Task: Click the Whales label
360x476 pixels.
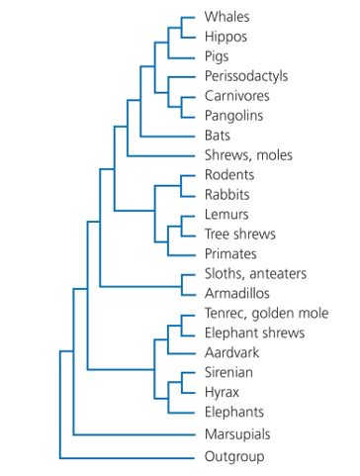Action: (x=226, y=17)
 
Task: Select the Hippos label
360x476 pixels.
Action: (x=225, y=37)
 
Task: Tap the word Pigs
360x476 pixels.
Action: (x=217, y=56)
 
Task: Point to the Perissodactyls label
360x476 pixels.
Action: (x=246, y=76)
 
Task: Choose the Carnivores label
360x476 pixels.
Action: (x=237, y=96)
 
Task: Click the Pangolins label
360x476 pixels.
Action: (x=233, y=116)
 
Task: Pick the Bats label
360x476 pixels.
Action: (x=218, y=136)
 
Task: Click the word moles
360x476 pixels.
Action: (x=274, y=155)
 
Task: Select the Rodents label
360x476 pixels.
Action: (x=229, y=175)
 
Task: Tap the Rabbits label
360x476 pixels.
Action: (x=227, y=195)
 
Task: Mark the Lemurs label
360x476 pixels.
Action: (x=226, y=215)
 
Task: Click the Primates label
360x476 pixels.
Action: (x=230, y=254)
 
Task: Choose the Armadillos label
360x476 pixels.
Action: (x=237, y=293)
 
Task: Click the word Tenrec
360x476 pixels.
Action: (x=225, y=314)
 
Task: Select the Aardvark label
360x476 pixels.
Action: (x=231, y=352)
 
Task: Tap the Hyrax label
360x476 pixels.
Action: (x=222, y=393)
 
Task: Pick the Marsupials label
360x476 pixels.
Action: (x=237, y=434)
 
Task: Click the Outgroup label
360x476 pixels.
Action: (x=234, y=457)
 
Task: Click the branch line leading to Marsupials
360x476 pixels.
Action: (x=135, y=434)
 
